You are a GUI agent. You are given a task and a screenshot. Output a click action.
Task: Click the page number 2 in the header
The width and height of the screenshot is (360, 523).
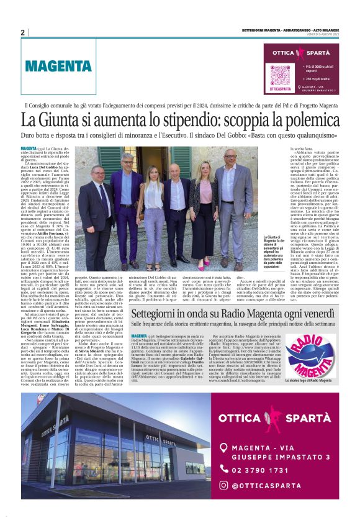22,32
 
